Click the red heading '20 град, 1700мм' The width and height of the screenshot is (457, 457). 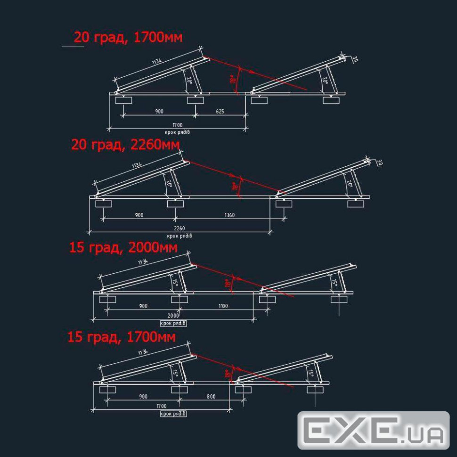click(128, 38)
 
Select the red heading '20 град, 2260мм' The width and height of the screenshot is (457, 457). click(125, 145)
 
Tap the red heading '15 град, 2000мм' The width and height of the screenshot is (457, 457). click(123, 247)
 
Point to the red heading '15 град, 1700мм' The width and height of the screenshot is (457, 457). click(122, 337)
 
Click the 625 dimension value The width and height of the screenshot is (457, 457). click(220, 112)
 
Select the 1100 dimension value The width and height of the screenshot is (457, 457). click(223, 306)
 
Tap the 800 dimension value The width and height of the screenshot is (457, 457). click(211, 397)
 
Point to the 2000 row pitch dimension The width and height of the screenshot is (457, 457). click(173, 316)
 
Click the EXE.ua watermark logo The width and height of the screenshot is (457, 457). click(374, 430)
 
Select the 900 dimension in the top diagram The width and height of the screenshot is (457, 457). click(159, 112)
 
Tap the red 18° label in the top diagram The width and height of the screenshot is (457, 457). click(232, 79)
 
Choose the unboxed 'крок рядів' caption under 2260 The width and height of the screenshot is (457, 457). click(180, 236)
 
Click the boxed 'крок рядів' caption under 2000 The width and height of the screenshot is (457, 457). click(173, 323)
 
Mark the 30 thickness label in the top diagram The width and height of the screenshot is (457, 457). click(355, 59)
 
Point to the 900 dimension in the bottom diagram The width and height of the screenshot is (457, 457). click(143, 397)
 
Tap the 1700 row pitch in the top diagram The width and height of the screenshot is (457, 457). click(177, 125)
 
